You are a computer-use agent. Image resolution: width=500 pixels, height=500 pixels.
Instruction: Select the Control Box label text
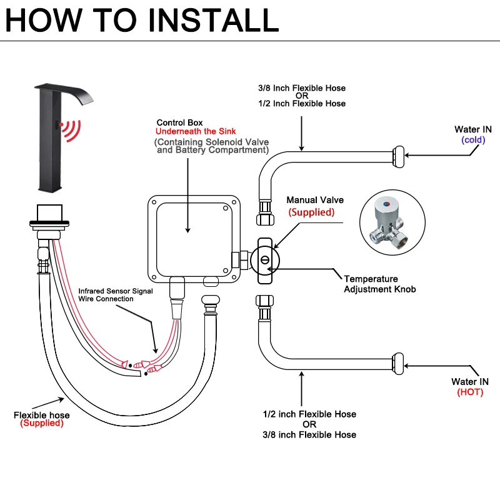[179, 122]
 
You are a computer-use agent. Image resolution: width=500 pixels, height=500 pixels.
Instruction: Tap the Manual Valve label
[315, 200]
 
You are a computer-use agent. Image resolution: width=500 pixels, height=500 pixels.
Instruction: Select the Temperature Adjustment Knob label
[379, 284]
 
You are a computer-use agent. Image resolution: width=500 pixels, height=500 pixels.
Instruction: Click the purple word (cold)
[473, 140]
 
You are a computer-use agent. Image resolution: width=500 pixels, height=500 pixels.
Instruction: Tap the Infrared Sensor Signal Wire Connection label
[106, 295]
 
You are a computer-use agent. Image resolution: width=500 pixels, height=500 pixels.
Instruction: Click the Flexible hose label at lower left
[42, 415]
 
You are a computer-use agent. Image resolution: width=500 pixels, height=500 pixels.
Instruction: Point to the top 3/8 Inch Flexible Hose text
[302, 88]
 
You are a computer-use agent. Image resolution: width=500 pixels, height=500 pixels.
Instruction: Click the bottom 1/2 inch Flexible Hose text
[310, 414]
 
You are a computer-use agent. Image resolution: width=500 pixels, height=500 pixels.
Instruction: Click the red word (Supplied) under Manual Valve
[311, 212]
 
